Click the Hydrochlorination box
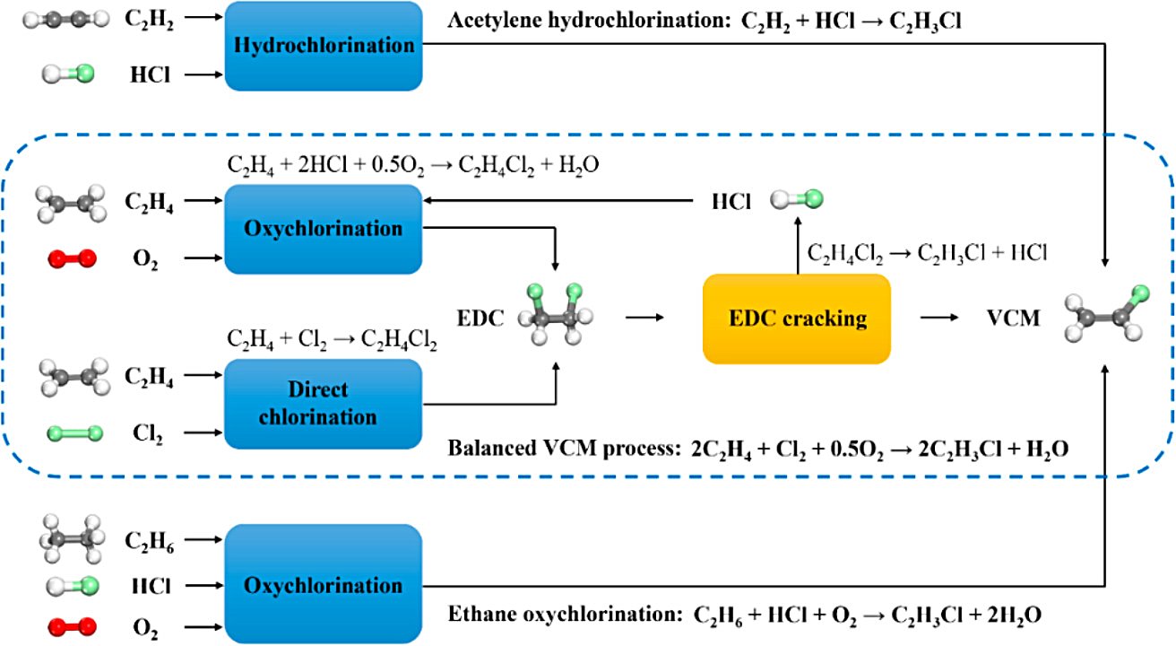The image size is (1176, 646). point(324,46)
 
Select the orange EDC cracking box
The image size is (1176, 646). point(796,319)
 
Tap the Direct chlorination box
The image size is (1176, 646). point(324,404)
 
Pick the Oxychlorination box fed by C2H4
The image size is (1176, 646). point(324,229)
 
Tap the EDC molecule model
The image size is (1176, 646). point(558,316)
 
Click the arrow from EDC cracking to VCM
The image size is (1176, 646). point(938,318)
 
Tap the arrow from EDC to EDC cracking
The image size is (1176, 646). point(645,318)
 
